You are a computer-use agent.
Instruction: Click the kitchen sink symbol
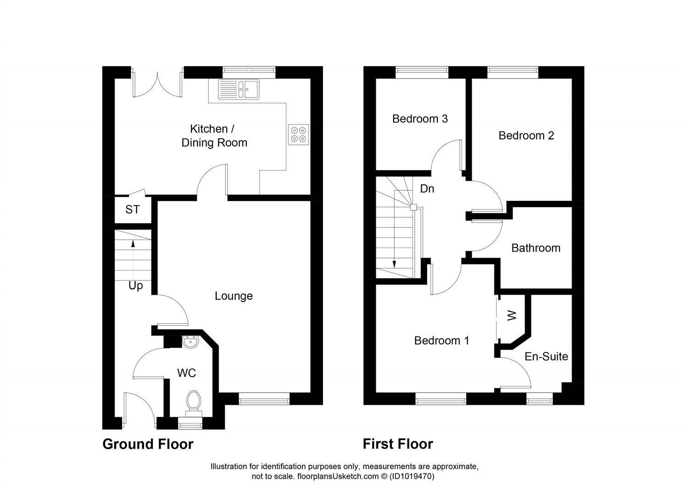(x=239, y=89)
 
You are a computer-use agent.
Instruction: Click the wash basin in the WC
(x=190, y=341)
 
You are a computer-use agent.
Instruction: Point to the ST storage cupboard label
(x=133, y=209)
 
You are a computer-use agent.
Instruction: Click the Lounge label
(x=234, y=296)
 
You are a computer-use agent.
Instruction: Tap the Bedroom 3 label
(x=420, y=119)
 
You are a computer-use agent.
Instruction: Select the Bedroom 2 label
(x=526, y=136)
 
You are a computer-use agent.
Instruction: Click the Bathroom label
(x=535, y=248)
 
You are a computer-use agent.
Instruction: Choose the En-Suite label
(x=546, y=357)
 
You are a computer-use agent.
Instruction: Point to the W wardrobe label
(x=512, y=315)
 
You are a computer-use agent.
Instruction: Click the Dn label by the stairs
(x=427, y=189)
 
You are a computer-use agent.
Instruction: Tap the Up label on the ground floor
(x=135, y=286)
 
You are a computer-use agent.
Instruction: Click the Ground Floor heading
(x=148, y=444)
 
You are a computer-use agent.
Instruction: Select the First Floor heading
(x=398, y=444)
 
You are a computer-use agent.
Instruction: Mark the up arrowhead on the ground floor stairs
(x=133, y=243)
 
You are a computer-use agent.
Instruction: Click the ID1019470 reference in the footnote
(x=412, y=477)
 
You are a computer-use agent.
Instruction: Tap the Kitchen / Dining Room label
(x=214, y=136)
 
